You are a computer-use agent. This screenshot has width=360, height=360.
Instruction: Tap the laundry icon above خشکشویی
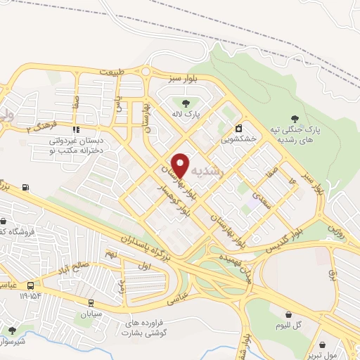[x=240, y=129]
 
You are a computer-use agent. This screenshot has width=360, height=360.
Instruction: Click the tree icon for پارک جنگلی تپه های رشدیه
[x=294, y=118]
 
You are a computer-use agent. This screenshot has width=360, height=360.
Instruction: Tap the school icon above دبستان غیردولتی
[x=75, y=129]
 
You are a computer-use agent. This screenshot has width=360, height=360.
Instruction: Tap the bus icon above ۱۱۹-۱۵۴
[x=30, y=285]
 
